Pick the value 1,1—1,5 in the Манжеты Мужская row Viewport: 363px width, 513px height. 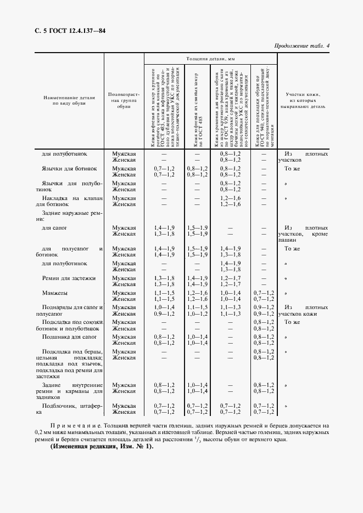pos(164,293)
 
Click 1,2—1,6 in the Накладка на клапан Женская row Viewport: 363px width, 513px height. pos(230,204)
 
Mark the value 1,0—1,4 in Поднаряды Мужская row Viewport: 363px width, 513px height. pos(164,308)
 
